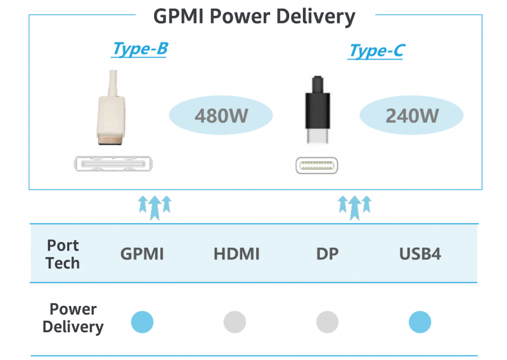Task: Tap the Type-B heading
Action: (x=140, y=49)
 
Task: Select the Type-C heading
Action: (x=376, y=51)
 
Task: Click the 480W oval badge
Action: (x=221, y=116)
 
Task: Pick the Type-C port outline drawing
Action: (x=318, y=165)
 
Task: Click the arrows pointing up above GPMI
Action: (x=155, y=207)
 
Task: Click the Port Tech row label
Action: (x=63, y=254)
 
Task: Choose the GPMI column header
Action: (x=142, y=255)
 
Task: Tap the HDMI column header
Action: (x=236, y=255)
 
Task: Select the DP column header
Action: (x=328, y=255)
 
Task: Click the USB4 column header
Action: (x=420, y=255)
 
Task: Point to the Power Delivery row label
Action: (x=73, y=318)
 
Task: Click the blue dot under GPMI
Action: (x=142, y=322)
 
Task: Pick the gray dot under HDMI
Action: (x=234, y=322)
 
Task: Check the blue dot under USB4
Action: (x=420, y=322)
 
